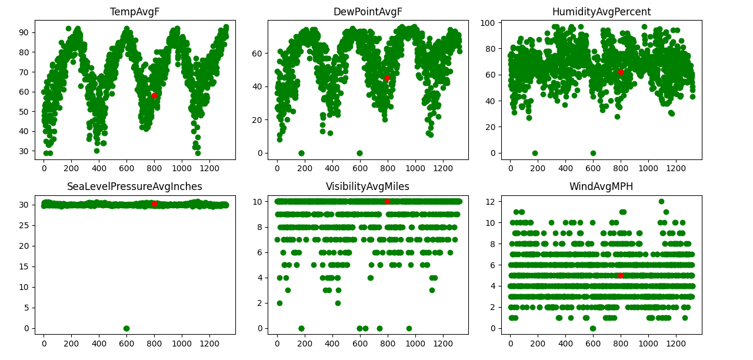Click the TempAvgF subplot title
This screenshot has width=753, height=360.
point(135,12)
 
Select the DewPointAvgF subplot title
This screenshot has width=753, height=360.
point(368,12)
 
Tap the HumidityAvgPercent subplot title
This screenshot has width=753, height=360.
point(601,12)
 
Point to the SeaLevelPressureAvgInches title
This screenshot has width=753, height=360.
point(135,186)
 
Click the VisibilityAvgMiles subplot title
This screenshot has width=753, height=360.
point(368,186)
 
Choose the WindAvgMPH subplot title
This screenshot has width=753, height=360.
point(601,186)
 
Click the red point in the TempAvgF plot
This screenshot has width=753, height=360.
point(154,95)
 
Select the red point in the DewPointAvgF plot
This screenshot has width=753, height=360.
point(387,78)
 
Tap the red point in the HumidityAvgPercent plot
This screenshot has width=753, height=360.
point(621,72)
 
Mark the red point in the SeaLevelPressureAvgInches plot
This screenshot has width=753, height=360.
point(154,204)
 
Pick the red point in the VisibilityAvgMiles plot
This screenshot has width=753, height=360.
point(387,201)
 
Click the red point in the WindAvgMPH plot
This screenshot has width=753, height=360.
point(621,275)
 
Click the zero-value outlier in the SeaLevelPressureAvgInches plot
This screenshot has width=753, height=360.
point(126,328)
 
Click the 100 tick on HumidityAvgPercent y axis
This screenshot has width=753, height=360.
point(492,23)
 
